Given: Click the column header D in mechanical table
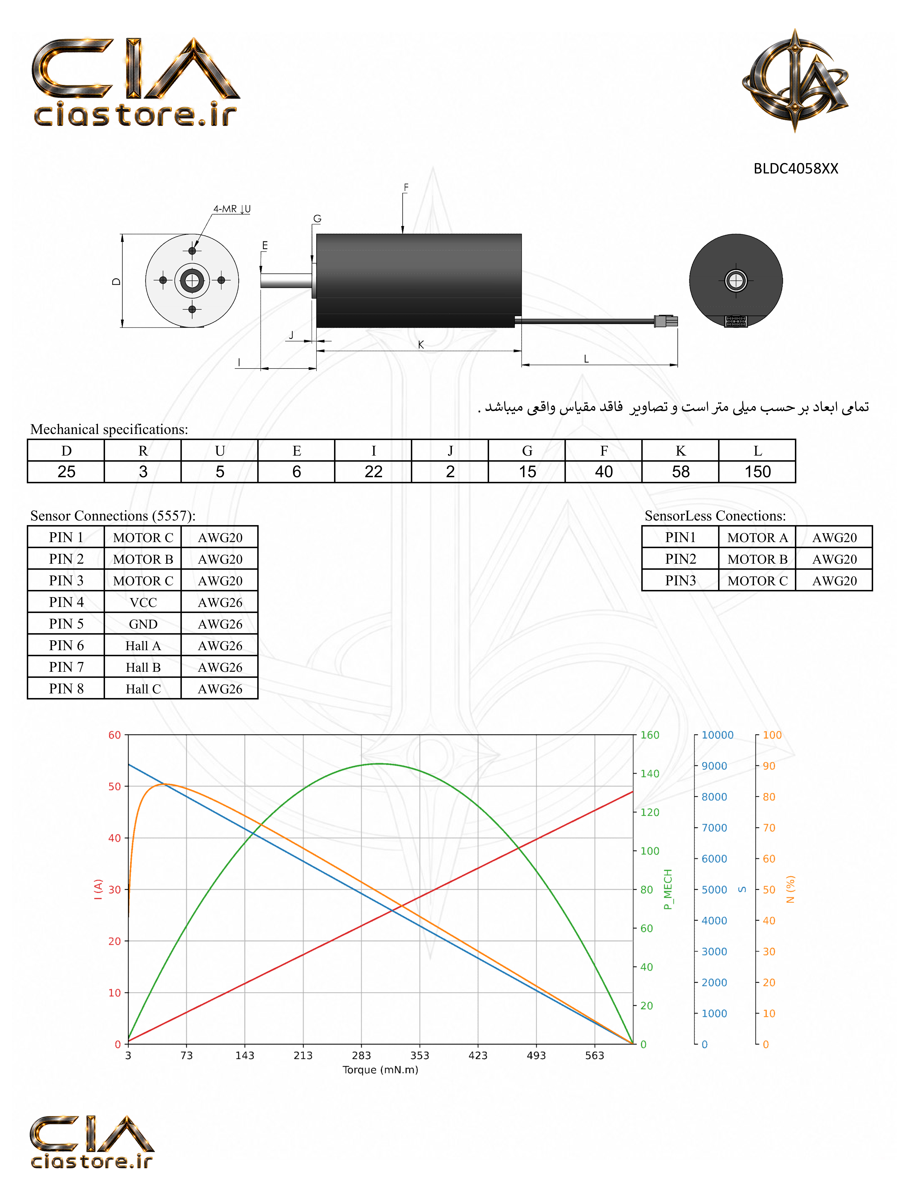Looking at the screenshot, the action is tap(66, 451).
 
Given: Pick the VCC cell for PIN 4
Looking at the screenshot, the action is tap(143, 602).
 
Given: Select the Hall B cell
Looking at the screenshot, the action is tap(143, 667).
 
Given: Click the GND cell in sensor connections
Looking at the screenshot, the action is tap(143, 624).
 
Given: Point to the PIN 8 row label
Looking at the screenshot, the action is tap(66, 689).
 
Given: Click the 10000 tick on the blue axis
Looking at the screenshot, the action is tap(717, 735).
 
